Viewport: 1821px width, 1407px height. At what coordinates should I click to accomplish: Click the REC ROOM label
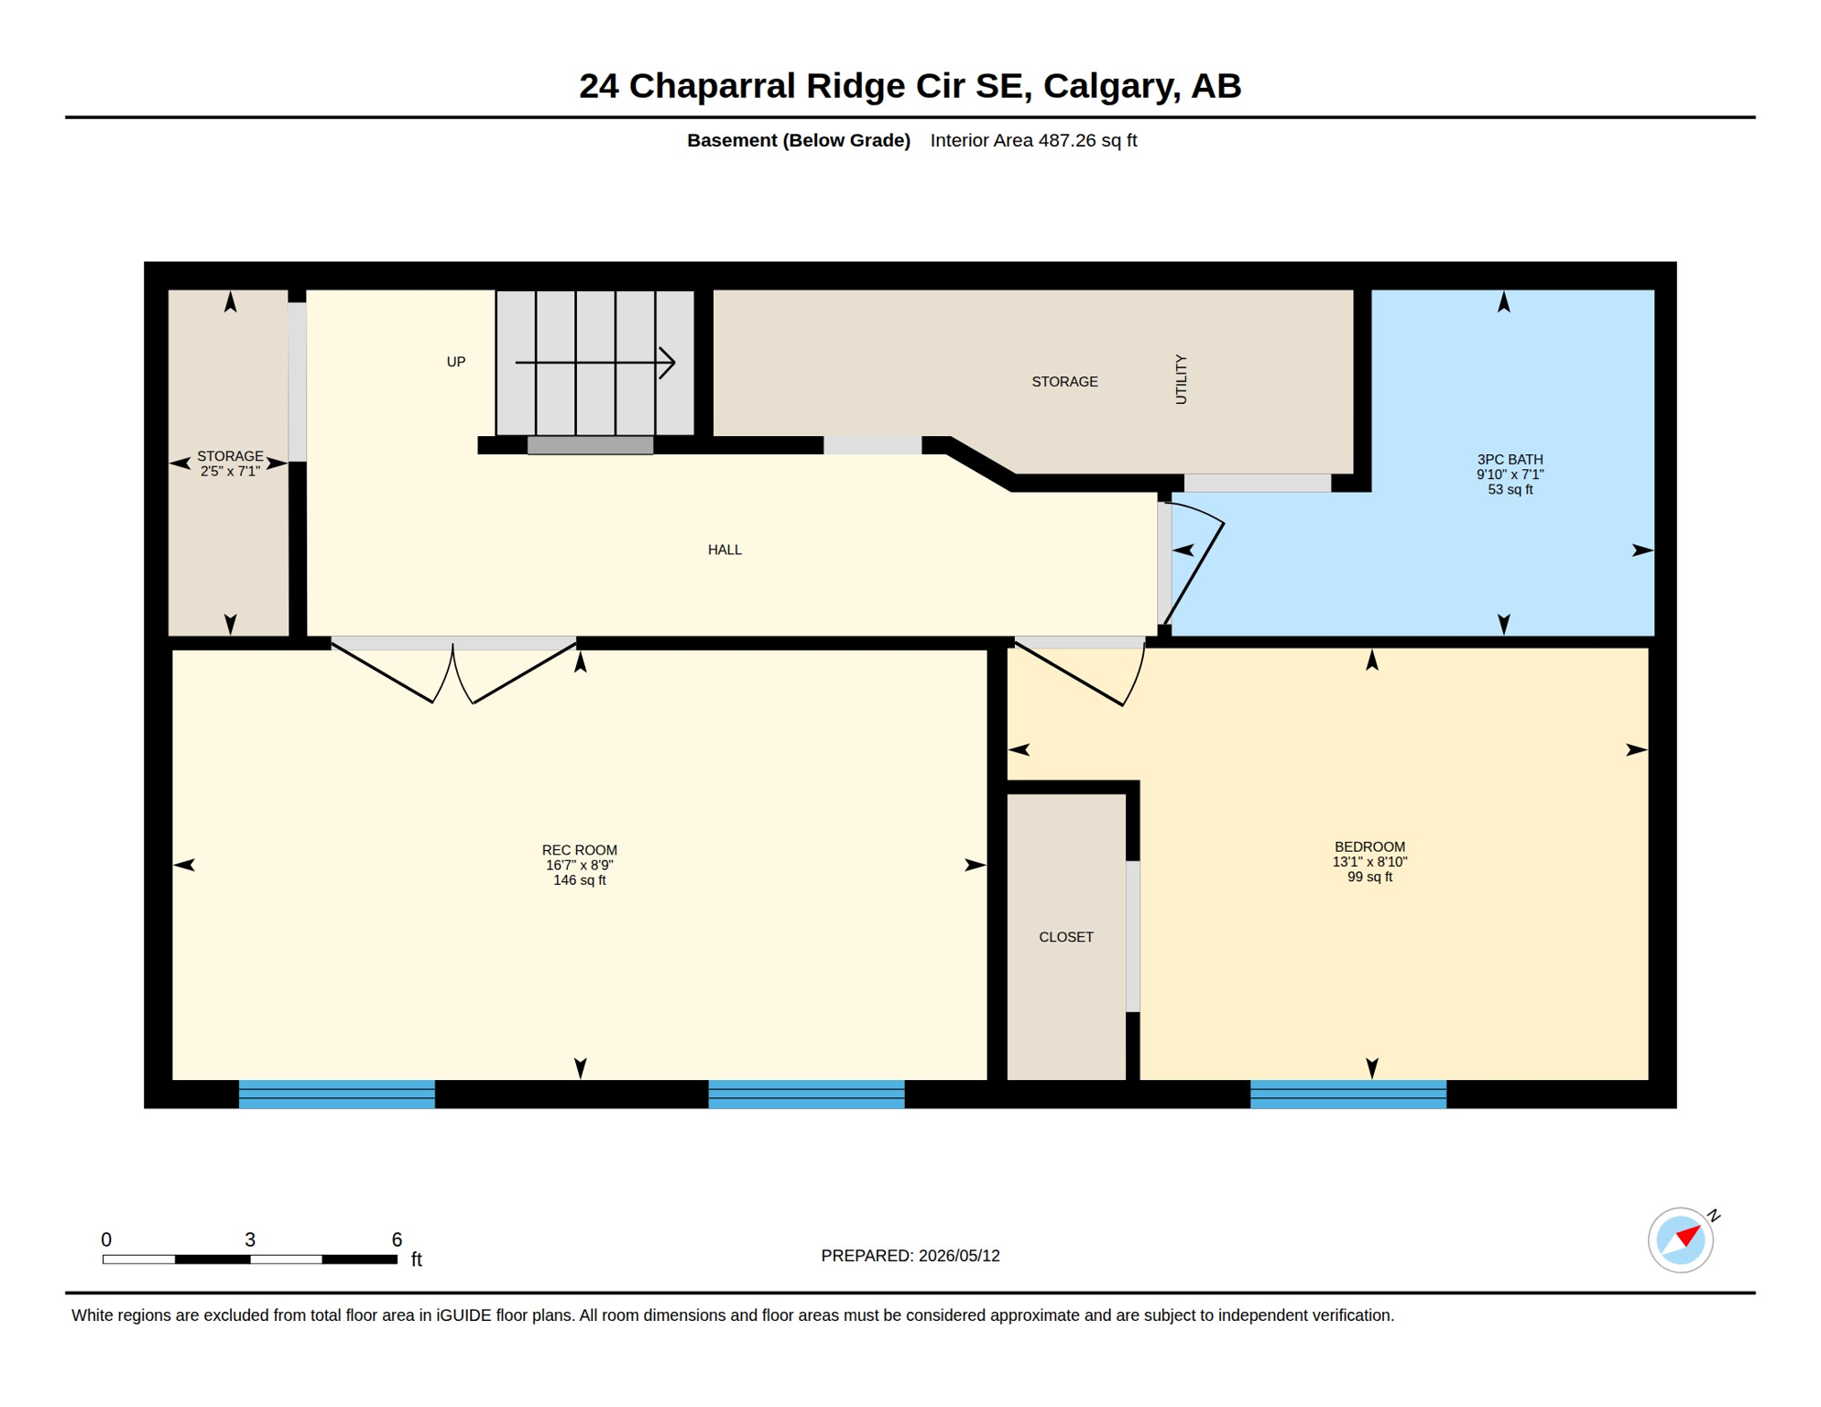pyautogui.click(x=579, y=850)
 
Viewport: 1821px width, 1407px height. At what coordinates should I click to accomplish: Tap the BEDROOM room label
pyautogui.click(x=1369, y=846)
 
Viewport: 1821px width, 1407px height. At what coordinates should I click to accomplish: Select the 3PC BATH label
pyautogui.click(x=1510, y=459)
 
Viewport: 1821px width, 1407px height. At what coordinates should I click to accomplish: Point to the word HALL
pyautogui.click(x=725, y=550)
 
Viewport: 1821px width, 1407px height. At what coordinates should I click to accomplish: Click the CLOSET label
pyautogui.click(x=1066, y=937)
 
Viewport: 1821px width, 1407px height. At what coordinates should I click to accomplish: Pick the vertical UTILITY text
pyautogui.click(x=1181, y=379)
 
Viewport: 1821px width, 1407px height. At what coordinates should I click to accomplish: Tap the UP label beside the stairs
pyautogui.click(x=456, y=362)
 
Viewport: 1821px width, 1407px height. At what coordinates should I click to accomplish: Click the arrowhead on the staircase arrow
pyautogui.click(x=669, y=363)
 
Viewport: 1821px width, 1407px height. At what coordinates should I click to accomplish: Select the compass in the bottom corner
pyautogui.click(x=1681, y=1240)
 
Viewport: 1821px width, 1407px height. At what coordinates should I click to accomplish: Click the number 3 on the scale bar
pyautogui.click(x=250, y=1239)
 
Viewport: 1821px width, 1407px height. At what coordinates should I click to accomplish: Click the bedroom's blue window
pyautogui.click(x=1348, y=1095)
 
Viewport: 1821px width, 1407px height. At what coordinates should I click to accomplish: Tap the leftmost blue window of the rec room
pyautogui.click(x=337, y=1095)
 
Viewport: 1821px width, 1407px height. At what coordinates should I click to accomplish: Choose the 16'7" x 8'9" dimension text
pyautogui.click(x=579, y=866)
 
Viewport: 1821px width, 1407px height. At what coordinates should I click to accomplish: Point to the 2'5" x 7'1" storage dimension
pyautogui.click(x=230, y=471)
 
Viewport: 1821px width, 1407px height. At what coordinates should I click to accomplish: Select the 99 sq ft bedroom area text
pyautogui.click(x=1369, y=877)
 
